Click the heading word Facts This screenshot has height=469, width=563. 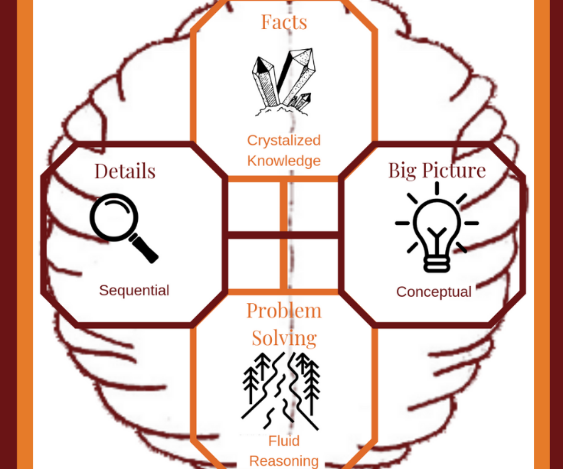click(x=284, y=22)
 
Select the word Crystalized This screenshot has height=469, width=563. click(x=284, y=140)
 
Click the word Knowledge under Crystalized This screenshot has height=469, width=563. click(x=284, y=161)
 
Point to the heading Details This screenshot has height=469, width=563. click(x=125, y=171)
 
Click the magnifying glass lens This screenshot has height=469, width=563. click(x=114, y=217)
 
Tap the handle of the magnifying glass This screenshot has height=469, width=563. click(x=145, y=249)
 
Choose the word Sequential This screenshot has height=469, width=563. click(x=134, y=290)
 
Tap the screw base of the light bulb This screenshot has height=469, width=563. click(x=437, y=264)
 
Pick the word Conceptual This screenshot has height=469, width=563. click(x=434, y=292)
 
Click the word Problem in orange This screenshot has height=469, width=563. click(x=284, y=311)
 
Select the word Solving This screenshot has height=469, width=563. click(x=284, y=338)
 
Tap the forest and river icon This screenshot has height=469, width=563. click(x=281, y=390)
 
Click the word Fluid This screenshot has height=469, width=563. click(x=284, y=441)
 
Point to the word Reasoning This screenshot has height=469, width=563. click(x=284, y=461)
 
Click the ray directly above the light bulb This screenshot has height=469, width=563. click(x=437, y=188)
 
